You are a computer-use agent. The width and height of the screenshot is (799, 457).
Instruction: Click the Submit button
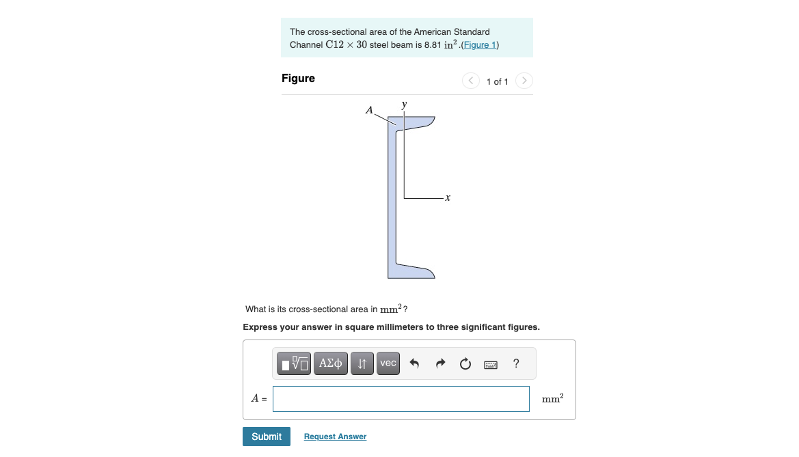click(266, 437)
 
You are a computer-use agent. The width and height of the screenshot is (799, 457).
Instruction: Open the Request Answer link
click(335, 437)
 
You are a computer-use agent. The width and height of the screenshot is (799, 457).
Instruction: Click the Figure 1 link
click(480, 45)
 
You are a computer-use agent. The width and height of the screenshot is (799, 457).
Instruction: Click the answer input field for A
click(401, 399)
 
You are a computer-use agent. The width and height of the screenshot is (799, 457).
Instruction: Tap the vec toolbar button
click(388, 363)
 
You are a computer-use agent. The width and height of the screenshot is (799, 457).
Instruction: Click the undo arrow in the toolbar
click(414, 363)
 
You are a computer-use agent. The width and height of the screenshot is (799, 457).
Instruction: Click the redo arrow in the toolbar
click(440, 363)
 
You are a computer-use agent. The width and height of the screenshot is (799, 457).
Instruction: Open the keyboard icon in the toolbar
click(491, 364)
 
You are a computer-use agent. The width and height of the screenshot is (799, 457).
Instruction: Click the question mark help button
click(515, 363)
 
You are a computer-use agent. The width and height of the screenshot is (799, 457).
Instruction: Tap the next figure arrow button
click(524, 81)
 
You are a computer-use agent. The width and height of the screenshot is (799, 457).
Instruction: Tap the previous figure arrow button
click(470, 81)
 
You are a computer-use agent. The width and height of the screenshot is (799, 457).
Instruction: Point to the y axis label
click(404, 105)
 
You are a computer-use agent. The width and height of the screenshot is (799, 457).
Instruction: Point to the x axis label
click(447, 198)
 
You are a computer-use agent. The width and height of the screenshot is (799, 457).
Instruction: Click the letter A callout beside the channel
click(369, 109)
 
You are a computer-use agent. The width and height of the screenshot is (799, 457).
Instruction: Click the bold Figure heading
click(298, 79)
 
